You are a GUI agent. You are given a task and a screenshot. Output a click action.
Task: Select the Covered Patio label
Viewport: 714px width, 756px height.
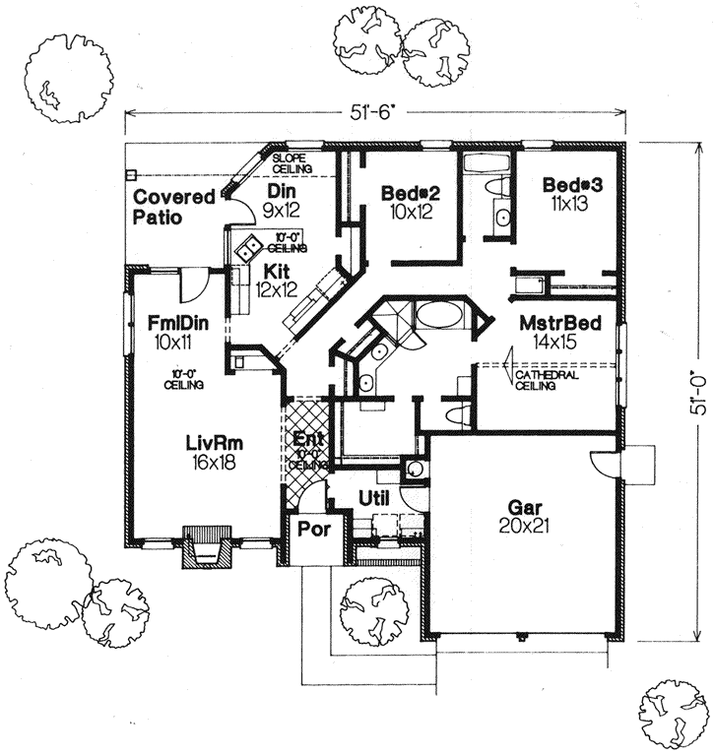tap(174, 207)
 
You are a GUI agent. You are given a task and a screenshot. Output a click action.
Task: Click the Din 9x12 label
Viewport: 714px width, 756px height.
tap(282, 200)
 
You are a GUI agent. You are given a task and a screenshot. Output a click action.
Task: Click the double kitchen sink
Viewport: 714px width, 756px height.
tap(246, 245)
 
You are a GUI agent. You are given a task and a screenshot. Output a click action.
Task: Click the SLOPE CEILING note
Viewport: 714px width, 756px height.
tap(292, 163)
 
